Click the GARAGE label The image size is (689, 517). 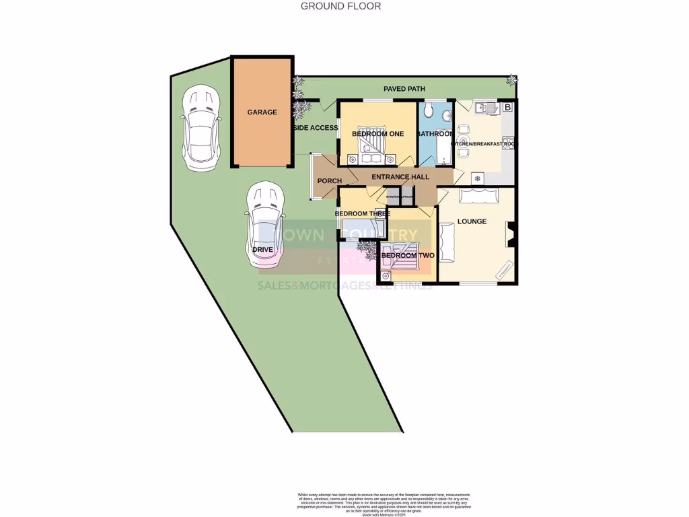262,112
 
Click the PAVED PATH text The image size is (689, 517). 404,89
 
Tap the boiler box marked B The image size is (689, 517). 507,107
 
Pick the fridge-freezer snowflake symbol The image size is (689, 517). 478,178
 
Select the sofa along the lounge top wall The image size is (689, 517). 478,196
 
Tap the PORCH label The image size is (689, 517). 330,181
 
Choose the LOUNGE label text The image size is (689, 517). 472,221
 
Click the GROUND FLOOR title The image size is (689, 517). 340,6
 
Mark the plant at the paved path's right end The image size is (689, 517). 513,79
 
